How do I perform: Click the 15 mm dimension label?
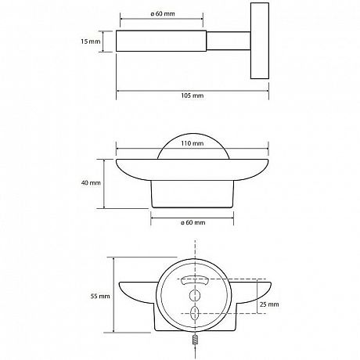coord(91,41)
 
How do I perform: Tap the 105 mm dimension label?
coord(193,95)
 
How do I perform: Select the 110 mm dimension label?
coord(193,143)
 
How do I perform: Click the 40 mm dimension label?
coord(91,183)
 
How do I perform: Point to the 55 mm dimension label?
coord(100,296)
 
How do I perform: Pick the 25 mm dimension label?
coord(269,304)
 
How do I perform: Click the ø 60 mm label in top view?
coord(163,13)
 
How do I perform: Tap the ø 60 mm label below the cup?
coord(193,222)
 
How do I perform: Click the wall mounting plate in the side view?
coord(260,41)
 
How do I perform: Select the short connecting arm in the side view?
coord(229,41)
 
